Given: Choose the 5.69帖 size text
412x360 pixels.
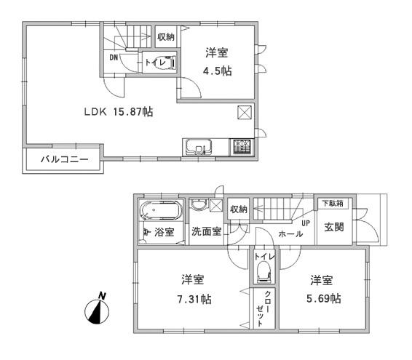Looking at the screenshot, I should click(325, 298).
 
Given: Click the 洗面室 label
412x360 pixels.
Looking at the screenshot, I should click(206, 232).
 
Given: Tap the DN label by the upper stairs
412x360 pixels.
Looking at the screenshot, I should click(114, 57).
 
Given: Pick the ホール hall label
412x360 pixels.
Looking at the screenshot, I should click(291, 234).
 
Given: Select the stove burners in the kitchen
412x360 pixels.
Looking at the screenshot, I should click(242, 146).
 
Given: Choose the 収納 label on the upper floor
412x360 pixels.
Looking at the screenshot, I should click(166, 36).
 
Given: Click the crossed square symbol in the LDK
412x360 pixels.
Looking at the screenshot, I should click(245, 113).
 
